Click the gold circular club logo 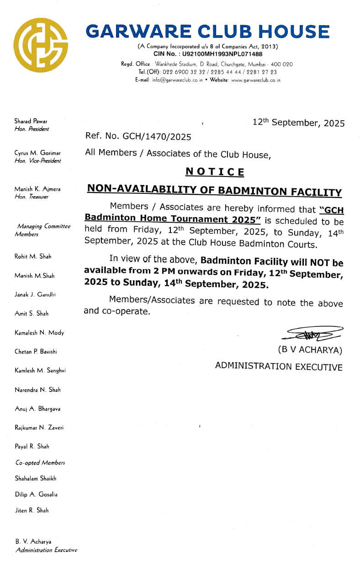[40, 45]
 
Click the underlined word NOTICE [214, 172]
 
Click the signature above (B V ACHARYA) [312, 335]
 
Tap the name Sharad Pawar [31, 121]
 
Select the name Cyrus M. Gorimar [37, 153]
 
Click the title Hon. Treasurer [32, 197]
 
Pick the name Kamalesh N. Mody [39, 333]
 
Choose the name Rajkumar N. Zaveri [39, 427]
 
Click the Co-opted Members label [40, 463]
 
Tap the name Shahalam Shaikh [36, 478]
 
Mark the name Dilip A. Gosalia [36, 494]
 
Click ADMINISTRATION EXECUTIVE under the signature [279, 366]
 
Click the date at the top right [298, 123]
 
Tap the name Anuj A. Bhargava [37, 409]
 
